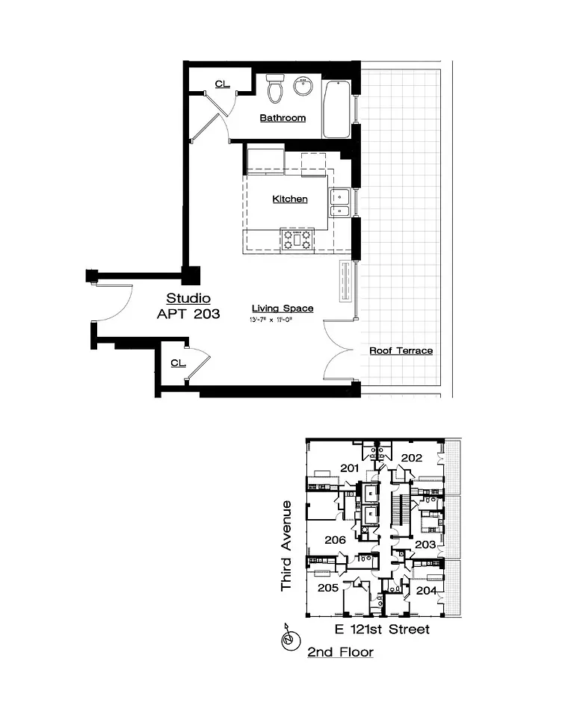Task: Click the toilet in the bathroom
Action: coord(275,89)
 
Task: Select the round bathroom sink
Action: coord(303,87)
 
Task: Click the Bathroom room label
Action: coord(283,118)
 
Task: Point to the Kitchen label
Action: coord(289,199)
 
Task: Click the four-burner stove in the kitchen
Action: coord(296,240)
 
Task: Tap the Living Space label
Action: coord(282,308)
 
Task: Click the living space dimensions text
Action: coord(280,320)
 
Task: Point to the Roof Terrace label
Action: coord(401,350)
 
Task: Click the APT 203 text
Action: coord(188,314)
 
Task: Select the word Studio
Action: coord(188,299)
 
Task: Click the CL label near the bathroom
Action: coord(221,84)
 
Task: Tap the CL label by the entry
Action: coord(177,363)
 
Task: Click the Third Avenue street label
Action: coord(286,547)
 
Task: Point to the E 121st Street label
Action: coord(382,630)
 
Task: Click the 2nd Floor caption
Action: coord(340,652)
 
